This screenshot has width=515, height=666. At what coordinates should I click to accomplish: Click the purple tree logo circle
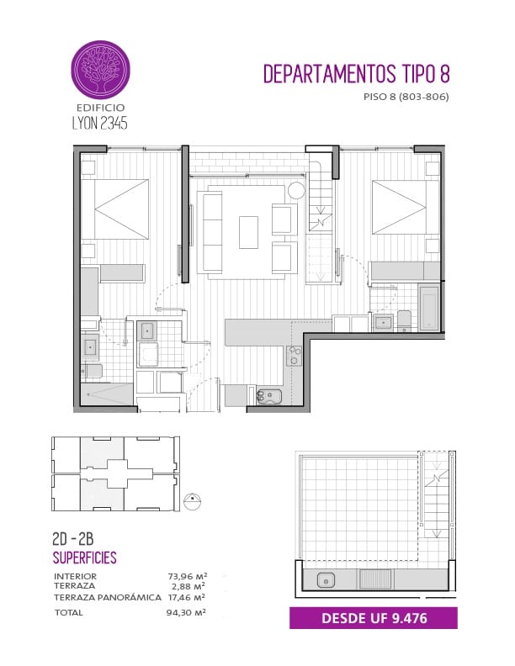tap(100, 70)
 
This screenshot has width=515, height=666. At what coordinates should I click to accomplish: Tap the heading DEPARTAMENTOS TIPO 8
tap(357, 74)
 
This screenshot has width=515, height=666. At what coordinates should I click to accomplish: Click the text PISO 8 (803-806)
tap(406, 97)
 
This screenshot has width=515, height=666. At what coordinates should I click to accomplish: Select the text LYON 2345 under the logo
tap(100, 123)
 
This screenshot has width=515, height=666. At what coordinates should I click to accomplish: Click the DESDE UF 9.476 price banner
tap(374, 618)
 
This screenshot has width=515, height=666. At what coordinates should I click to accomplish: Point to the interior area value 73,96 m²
tap(187, 576)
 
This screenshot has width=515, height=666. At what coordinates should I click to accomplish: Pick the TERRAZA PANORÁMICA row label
tap(108, 597)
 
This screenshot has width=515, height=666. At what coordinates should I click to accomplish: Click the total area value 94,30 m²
tap(186, 612)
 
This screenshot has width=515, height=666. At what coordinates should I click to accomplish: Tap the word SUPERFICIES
tap(84, 558)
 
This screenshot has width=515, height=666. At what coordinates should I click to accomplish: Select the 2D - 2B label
tap(72, 539)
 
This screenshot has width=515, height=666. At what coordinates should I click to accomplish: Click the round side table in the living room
tap(296, 190)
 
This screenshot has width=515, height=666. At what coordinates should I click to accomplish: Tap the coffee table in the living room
tap(248, 232)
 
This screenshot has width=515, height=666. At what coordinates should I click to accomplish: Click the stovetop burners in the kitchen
tap(294, 356)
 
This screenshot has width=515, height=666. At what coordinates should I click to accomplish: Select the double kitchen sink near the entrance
tap(269, 396)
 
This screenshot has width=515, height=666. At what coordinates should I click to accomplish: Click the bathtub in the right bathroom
tap(428, 307)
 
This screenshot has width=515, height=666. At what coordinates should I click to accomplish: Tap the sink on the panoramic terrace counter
tap(326, 580)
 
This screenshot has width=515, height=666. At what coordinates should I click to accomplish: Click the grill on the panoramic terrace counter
tap(375, 579)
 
